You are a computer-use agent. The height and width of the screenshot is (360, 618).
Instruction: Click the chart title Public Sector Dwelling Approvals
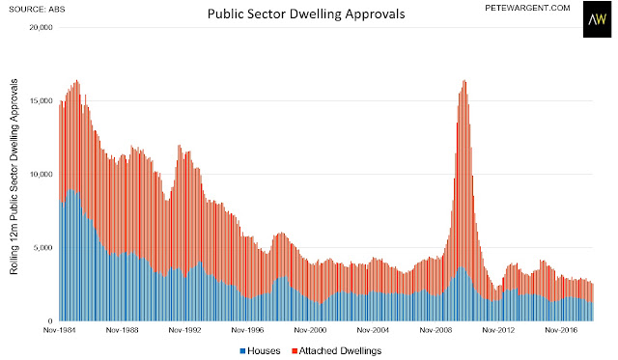tap(306, 14)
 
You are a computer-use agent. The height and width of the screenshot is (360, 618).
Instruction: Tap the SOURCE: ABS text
tap(37, 9)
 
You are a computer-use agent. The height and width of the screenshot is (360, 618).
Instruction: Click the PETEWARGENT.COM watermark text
tap(527, 8)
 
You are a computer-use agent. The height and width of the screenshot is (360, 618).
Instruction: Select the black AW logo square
tap(597, 19)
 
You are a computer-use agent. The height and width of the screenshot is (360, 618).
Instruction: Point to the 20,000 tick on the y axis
tap(41, 28)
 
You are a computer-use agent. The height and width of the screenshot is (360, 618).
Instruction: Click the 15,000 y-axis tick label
tap(41, 100)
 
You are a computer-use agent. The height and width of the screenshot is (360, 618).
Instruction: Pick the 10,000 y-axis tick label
tap(41, 174)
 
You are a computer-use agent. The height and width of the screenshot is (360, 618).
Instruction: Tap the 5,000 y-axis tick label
tap(42, 248)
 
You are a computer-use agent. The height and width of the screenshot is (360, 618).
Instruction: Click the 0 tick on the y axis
tap(50, 321)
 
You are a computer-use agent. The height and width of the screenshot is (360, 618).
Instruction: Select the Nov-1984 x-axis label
tap(59, 330)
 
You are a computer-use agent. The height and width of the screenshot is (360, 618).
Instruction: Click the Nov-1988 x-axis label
tap(123, 330)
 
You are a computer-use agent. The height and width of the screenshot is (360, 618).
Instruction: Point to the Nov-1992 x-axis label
tap(184, 330)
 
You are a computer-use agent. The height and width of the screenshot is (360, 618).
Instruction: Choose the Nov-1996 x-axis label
tap(247, 330)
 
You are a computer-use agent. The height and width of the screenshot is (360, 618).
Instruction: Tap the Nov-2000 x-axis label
tap(310, 330)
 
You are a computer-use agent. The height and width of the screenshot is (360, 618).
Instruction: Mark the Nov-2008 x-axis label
tap(435, 330)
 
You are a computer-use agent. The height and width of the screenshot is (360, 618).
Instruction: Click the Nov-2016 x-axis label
tap(561, 330)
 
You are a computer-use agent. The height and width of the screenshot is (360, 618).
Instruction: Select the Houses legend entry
tap(260, 351)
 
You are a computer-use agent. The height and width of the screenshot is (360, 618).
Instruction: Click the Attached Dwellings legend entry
tap(337, 351)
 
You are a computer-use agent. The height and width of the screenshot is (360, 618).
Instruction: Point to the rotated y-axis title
tap(14, 177)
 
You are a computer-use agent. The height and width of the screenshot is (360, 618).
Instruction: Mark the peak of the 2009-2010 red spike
tap(464, 80)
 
